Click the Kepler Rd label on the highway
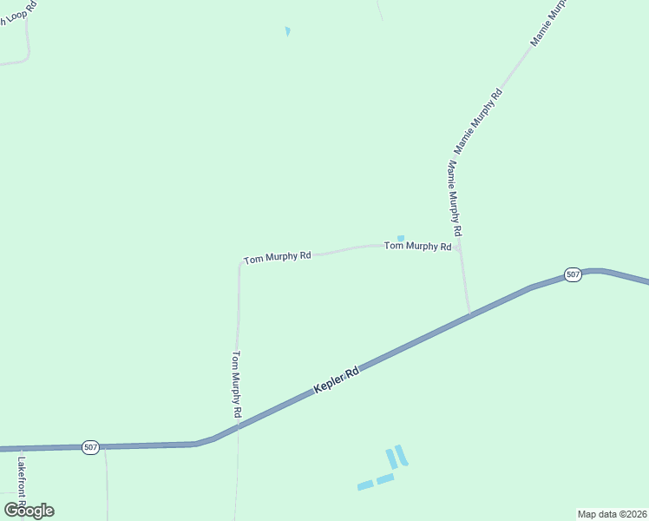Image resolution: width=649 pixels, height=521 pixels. point(337,381)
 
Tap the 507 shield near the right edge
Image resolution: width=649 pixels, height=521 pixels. point(573,274)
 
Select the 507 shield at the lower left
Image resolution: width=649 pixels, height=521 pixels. point(91,446)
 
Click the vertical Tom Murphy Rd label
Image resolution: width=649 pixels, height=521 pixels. point(236,384)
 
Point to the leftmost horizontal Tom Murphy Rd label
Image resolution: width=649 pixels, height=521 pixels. point(277,258)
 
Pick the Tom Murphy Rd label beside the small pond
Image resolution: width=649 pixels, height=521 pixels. point(417,246)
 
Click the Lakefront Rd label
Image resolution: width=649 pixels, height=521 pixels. point(22,482)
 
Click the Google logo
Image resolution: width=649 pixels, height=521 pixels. point(29,511)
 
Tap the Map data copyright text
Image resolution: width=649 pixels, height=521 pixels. point(612,514)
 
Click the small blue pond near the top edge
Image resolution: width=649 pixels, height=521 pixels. point(287,32)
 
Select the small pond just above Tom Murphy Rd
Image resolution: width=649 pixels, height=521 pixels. point(400,238)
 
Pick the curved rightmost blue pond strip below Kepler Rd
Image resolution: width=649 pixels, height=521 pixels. point(401,455)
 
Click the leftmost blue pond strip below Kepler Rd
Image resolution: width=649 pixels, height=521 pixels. point(365,485)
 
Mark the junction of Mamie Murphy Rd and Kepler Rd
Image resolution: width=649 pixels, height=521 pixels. point(469,314)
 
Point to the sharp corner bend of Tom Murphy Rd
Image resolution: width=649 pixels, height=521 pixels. point(240,261)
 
